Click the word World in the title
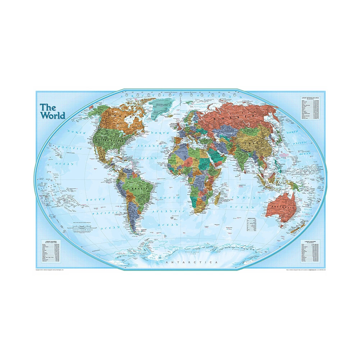pos(53,116)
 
